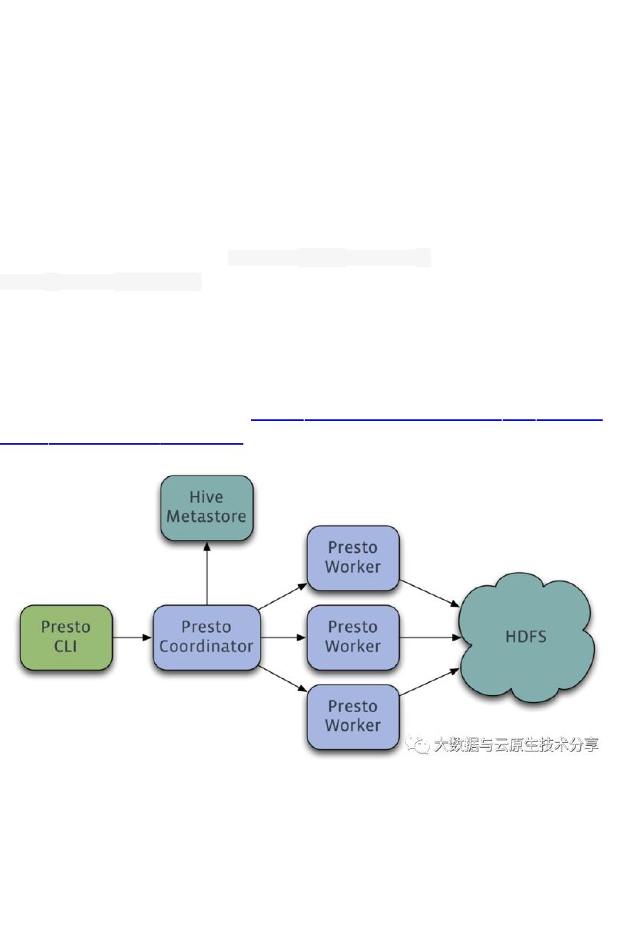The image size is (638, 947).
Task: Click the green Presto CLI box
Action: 66,637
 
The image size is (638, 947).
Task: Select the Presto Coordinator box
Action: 207,637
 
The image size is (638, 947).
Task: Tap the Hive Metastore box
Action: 207,507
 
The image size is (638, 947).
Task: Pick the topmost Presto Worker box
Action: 352,558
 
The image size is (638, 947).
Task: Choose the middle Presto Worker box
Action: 352,637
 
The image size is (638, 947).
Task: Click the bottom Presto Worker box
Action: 352,716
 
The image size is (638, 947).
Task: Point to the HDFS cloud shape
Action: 526,637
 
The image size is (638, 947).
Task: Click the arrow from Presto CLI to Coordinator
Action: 132,637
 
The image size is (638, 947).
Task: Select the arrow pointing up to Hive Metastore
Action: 207,572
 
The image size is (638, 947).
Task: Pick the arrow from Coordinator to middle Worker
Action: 283,637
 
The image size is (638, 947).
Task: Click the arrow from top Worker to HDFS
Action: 429,592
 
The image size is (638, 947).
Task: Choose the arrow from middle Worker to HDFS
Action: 429,637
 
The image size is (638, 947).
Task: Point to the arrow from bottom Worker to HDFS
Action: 429,682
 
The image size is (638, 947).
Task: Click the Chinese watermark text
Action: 515,744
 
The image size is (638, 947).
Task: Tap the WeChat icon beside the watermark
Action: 418,745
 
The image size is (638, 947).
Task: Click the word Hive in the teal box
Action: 207,497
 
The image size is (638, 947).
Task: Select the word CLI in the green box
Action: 66,646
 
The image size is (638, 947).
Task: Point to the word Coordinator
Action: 207,646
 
